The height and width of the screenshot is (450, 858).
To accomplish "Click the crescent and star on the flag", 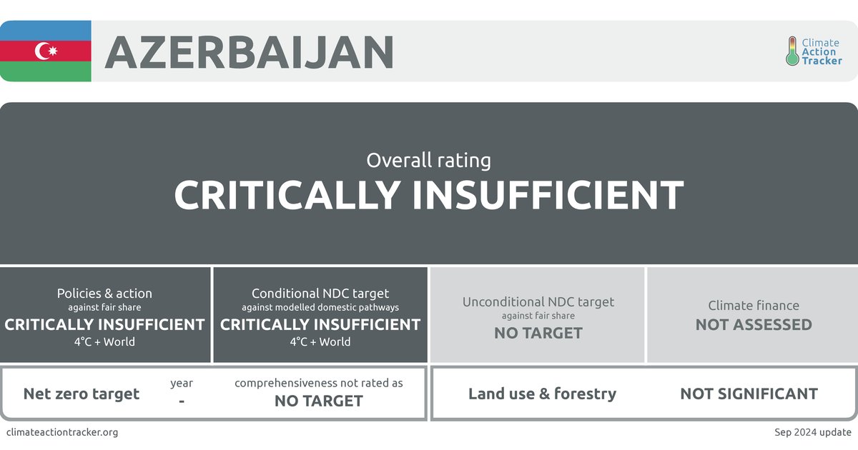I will (x=46, y=51).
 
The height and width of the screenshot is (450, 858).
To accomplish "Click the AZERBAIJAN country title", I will (x=250, y=51).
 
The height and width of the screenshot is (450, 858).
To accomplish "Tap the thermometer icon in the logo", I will (x=792, y=51).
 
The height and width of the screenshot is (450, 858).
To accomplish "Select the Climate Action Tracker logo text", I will (x=822, y=52).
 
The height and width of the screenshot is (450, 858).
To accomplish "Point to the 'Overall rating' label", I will (x=428, y=160).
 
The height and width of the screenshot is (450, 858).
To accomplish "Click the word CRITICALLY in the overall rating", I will (x=287, y=194).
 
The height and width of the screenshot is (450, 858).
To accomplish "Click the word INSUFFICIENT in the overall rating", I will (x=548, y=194).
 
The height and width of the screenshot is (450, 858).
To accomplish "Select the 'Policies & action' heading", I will (x=104, y=294).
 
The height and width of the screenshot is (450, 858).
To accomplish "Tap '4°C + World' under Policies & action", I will (x=104, y=341).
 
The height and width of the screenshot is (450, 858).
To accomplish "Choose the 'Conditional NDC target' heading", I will (x=320, y=294).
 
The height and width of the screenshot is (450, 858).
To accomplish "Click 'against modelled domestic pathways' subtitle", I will (x=320, y=308).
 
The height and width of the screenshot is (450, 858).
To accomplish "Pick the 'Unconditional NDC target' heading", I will (x=538, y=301).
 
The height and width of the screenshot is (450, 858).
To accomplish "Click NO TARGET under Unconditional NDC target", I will (x=538, y=333).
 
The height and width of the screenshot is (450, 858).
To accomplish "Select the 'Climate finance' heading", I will (x=754, y=306).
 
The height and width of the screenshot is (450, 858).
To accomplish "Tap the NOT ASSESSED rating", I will (x=754, y=324).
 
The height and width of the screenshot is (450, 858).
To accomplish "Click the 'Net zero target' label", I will (x=82, y=394).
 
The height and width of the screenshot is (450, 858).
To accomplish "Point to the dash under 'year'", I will (x=182, y=401).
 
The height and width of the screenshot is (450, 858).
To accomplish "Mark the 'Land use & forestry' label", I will (x=542, y=394).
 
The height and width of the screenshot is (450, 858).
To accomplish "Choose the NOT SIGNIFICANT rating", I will (x=749, y=394).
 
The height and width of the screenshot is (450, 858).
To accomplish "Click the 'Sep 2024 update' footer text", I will (x=812, y=432).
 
